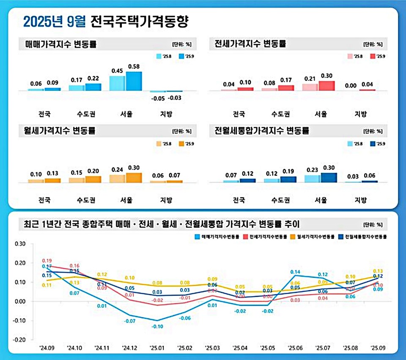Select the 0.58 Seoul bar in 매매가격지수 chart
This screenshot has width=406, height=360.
point(134,81)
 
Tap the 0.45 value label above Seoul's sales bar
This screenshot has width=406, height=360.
point(117,71)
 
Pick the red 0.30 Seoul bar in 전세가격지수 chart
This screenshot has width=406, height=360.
point(326,86)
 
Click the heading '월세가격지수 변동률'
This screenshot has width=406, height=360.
point(60,131)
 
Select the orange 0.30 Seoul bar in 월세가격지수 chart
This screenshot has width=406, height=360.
point(134,177)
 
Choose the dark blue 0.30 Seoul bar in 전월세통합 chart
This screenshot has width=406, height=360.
point(329,177)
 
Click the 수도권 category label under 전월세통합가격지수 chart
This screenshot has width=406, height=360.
point(280,200)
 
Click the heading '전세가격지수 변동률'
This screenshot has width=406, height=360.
point(250,44)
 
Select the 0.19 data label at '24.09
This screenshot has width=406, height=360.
point(47,261)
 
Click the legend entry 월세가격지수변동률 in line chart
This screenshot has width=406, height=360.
point(316,237)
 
